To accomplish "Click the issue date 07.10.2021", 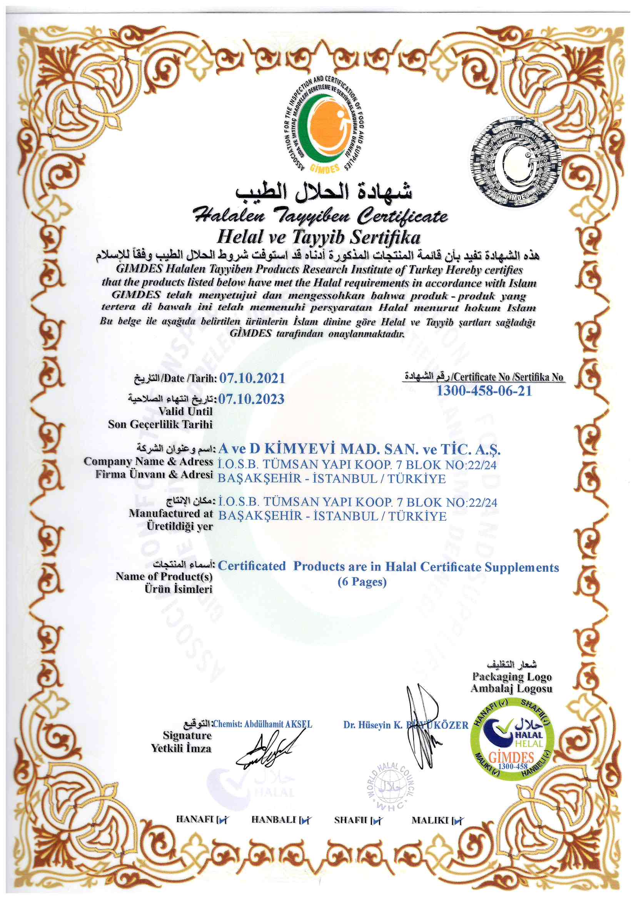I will pos(252,378).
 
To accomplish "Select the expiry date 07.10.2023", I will pos(251,399).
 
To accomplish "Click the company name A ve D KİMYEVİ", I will pos(359,449).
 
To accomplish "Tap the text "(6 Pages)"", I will pos(362,582).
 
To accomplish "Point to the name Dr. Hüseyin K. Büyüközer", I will pos(406,725).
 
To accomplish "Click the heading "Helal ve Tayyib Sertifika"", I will pos(319,237).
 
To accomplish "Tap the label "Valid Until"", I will pos(185,411).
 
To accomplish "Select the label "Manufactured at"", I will pos(170,513).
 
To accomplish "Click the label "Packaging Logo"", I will pos(512,676).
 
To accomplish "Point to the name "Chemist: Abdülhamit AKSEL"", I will pos(262,724).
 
